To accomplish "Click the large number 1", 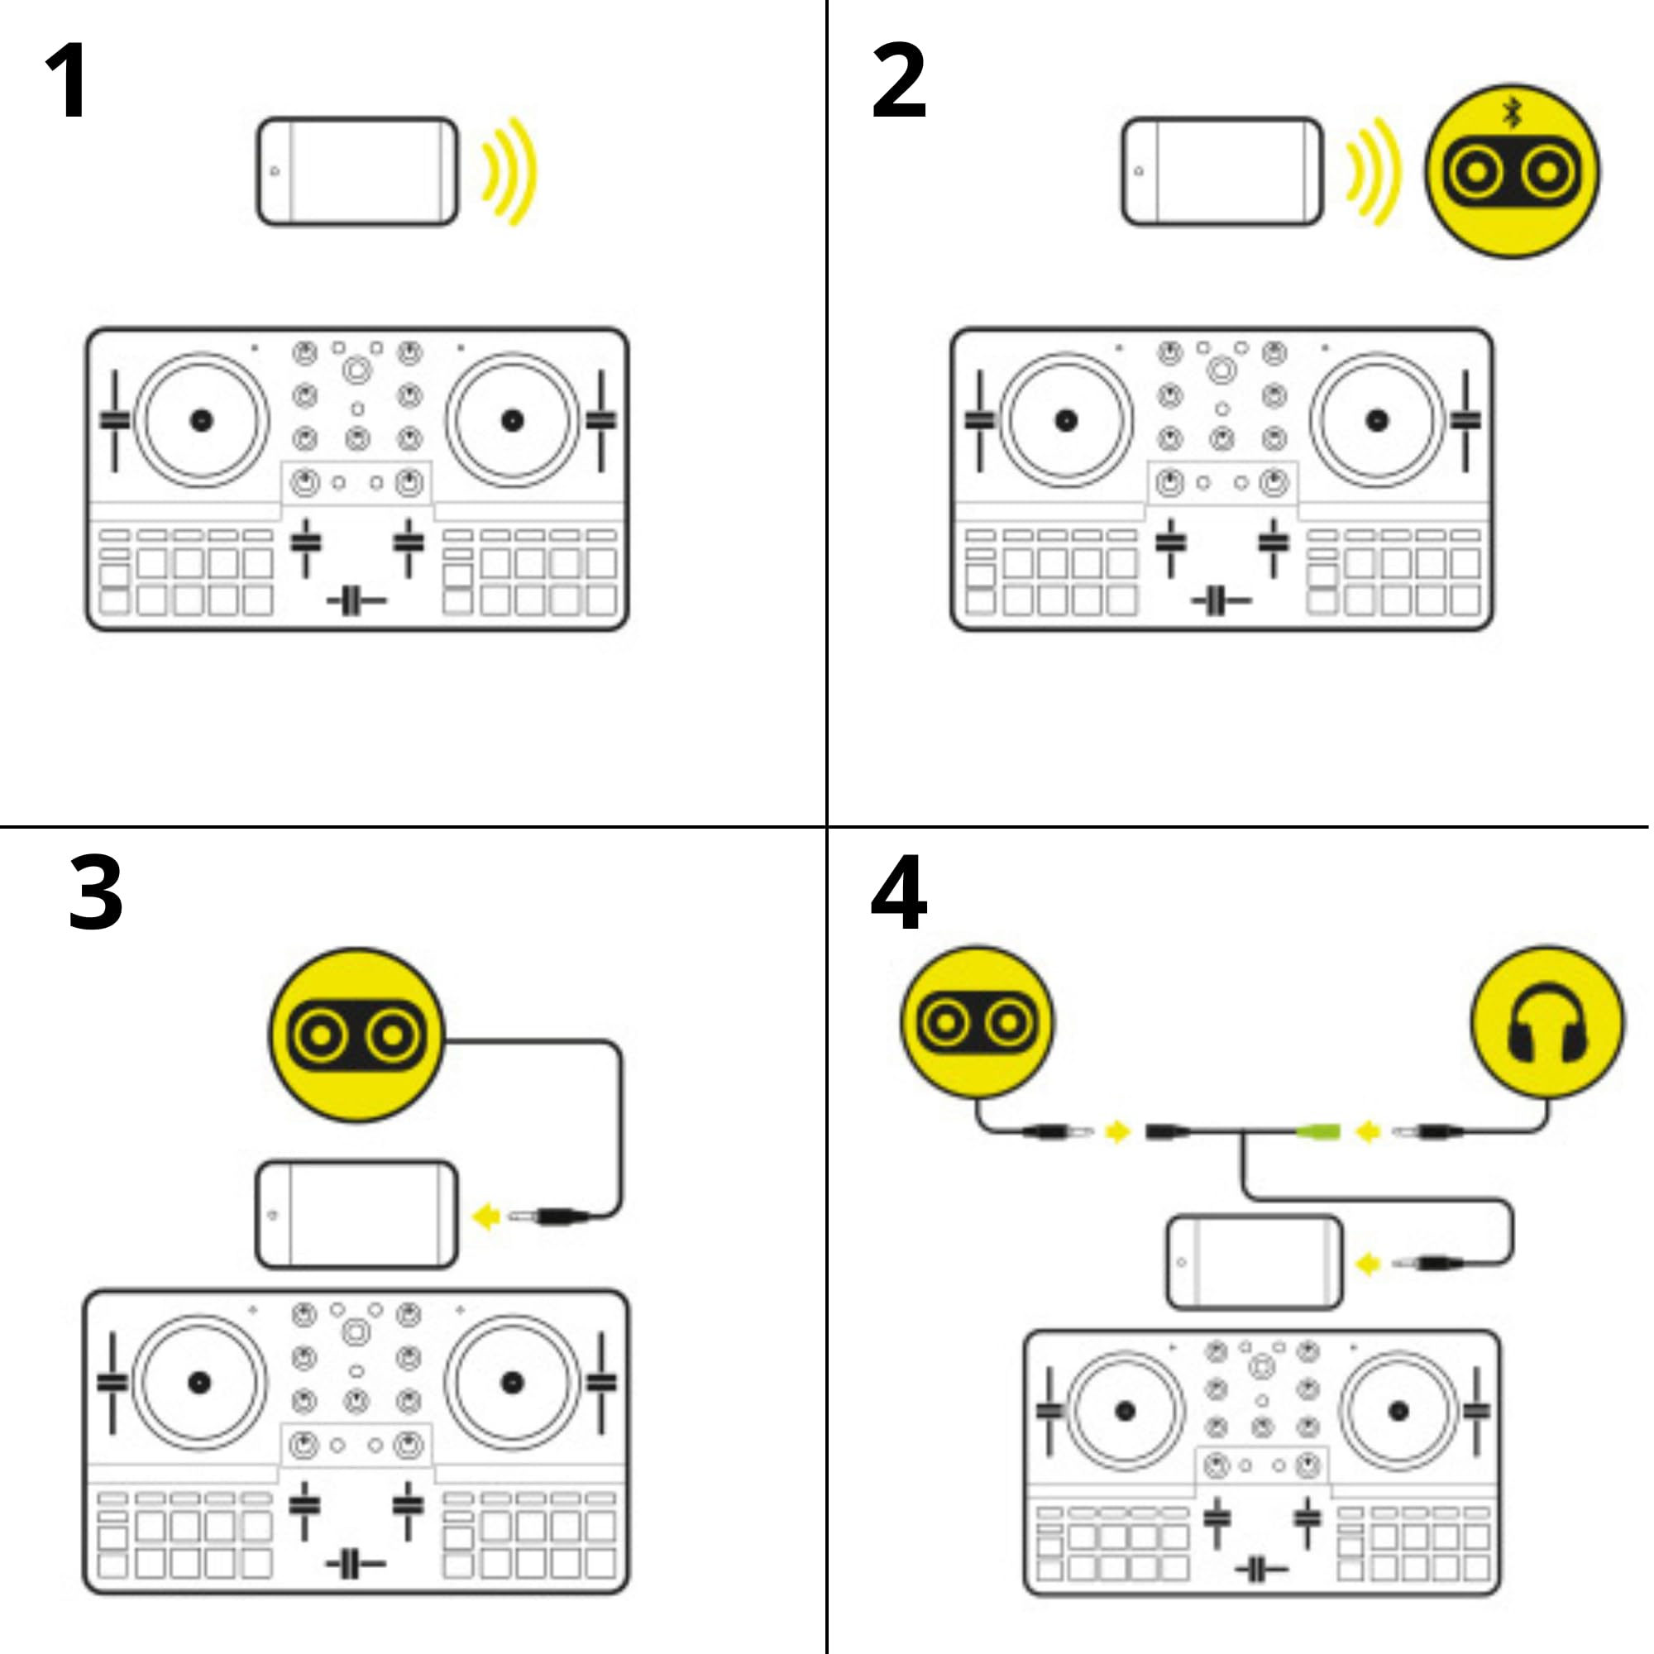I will (x=67, y=81).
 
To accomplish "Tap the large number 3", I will (x=95, y=893).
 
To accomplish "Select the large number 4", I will (x=898, y=893).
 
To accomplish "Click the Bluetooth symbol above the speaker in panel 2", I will (x=1512, y=112).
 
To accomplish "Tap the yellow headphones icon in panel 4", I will (x=1547, y=1022).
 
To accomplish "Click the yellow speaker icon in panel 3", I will (x=357, y=1035).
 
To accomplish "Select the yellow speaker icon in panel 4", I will (x=977, y=1022).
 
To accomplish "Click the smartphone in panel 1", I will (x=358, y=172).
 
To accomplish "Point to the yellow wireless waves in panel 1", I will (x=510, y=171).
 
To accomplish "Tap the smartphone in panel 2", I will (x=1222, y=172).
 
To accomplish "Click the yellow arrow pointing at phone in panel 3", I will (x=486, y=1217).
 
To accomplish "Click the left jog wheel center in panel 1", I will (x=201, y=420).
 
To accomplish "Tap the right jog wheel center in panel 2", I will (x=1377, y=420).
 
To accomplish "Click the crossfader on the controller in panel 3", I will (x=355, y=1564).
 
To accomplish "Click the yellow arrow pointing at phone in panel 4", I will (x=1368, y=1264).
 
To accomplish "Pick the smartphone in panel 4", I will (x=1255, y=1263).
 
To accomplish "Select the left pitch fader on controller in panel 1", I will (x=114, y=419).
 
